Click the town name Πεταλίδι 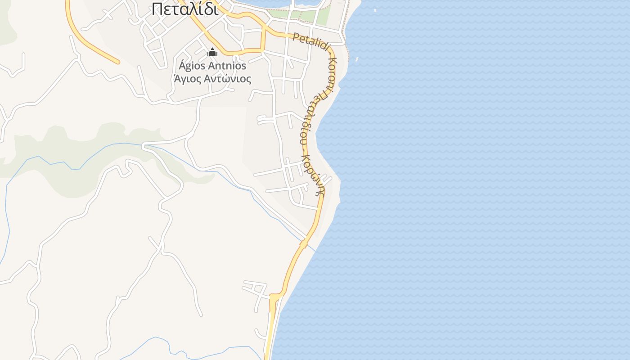coord(185,9)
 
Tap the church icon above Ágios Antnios coord(212,53)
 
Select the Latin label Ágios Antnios coord(212,66)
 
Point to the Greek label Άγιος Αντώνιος coord(212,79)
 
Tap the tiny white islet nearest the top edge coord(375,10)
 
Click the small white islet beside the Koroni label coord(357,59)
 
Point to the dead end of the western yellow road coord(118,62)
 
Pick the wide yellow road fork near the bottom coord(274,299)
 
